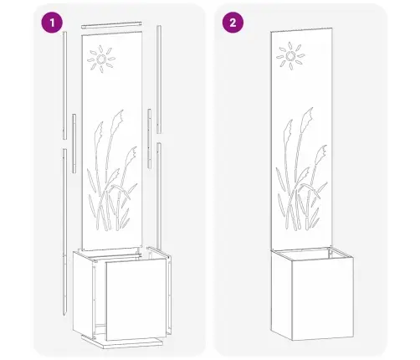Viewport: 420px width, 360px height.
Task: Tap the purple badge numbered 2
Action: click(229, 23)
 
